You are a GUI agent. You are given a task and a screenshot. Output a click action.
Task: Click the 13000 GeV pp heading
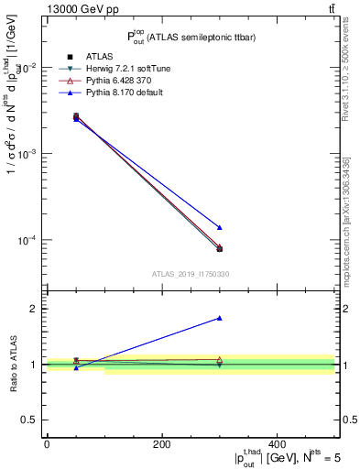[x=65, y=10]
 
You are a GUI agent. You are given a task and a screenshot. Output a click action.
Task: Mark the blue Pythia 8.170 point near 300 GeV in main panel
[x=220, y=227]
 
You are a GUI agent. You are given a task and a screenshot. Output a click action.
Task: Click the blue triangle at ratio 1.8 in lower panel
[x=220, y=318]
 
